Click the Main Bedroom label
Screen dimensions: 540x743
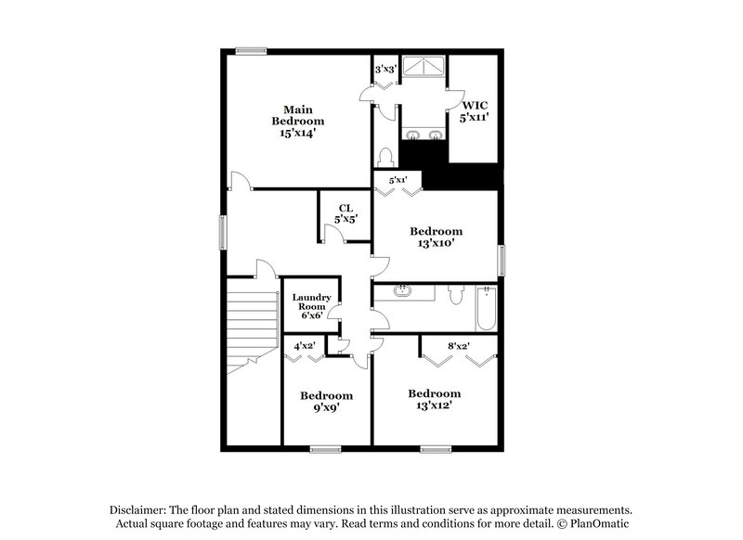click(x=297, y=121)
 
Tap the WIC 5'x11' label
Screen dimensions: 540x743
click(x=475, y=112)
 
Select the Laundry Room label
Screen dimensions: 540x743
click(x=311, y=306)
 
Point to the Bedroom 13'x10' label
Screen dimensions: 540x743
click(x=437, y=237)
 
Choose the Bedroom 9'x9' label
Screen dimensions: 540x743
click(x=326, y=402)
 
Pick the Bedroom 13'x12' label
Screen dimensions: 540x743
click(x=435, y=399)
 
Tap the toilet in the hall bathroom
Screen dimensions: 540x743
click(x=454, y=296)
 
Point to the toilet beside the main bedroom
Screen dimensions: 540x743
click(x=386, y=159)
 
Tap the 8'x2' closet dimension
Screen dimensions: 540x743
click(x=458, y=346)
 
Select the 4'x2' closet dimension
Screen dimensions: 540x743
click(x=305, y=346)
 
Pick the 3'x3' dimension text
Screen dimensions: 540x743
click(x=385, y=69)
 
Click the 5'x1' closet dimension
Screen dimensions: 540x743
click(x=398, y=179)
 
